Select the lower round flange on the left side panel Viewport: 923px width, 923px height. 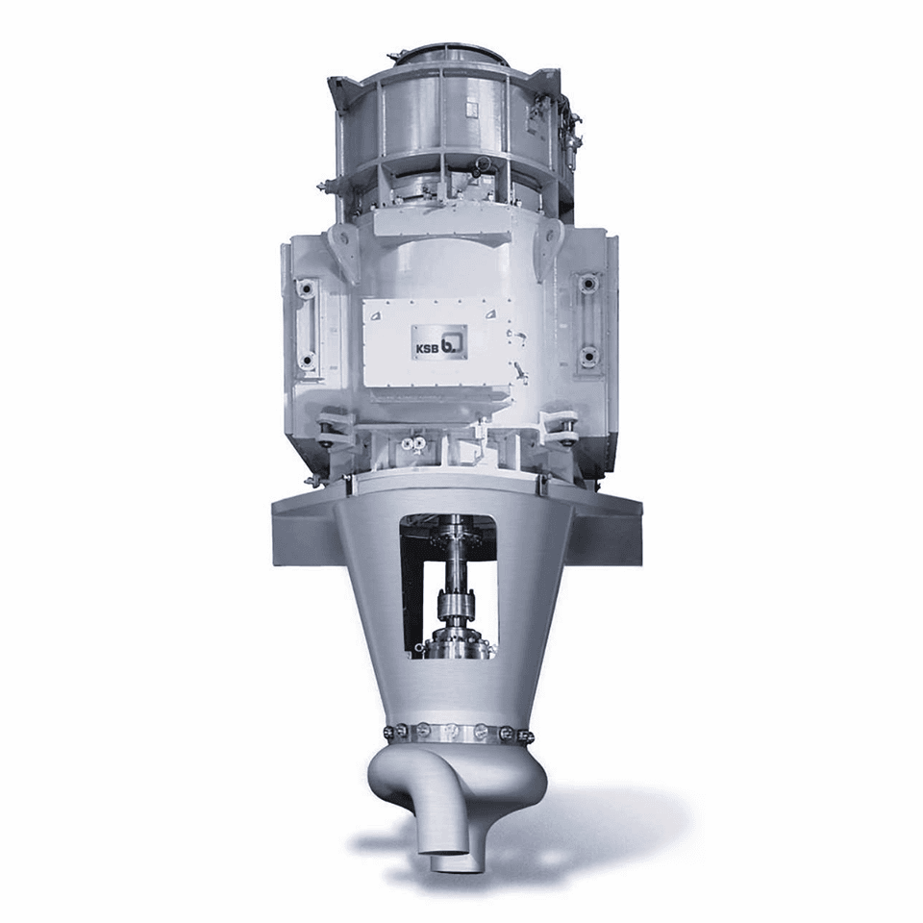point(306,360)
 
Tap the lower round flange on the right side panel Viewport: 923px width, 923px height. point(587,355)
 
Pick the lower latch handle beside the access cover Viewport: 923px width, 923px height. point(520,372)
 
